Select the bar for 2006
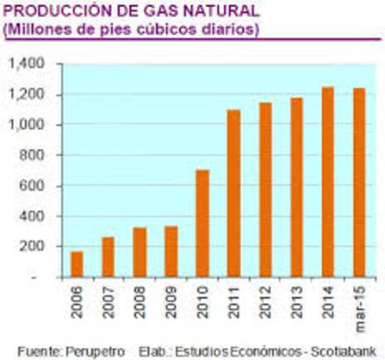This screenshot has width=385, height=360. click(77, 264)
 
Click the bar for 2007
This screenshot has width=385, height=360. click(108, 256)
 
